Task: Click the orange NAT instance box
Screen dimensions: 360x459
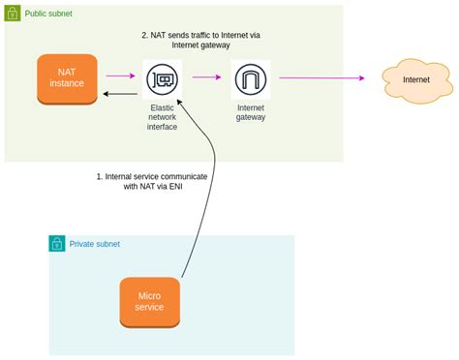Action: [68, 78]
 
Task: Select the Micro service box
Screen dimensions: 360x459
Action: [149, 301]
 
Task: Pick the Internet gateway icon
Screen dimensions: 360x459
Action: [251, 77]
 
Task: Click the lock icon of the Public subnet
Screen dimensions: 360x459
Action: [13, 13]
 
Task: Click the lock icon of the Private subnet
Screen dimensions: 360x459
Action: [57, 244]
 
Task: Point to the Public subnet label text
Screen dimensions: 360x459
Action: [48, 14]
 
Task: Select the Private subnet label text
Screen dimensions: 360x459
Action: [94, 244]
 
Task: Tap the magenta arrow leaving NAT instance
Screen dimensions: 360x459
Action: [120, 75]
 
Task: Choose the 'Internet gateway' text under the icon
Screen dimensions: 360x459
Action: [250, 112]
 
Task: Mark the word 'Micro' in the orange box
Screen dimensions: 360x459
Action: [149, 294]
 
